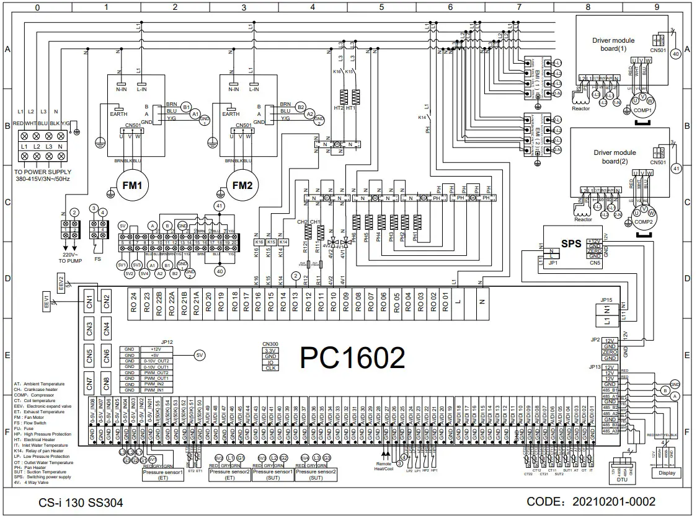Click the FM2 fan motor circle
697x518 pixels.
coord(244,185)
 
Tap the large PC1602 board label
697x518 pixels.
coord(353,358)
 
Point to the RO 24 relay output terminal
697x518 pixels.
coord(133,304)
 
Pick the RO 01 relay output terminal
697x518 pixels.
coord(445,304)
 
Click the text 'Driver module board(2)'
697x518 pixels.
coord(615,157)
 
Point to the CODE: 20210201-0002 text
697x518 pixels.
coord(591,501)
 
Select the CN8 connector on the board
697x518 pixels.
coord(107,384)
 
